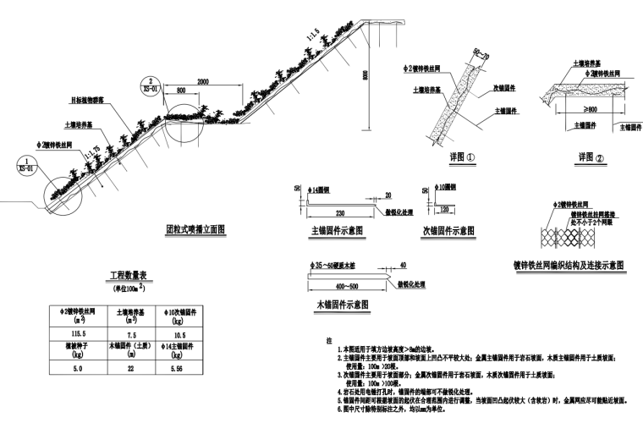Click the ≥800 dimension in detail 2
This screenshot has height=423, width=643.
tap(577, 110)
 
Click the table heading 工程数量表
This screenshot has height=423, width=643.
tap(129, 277)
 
